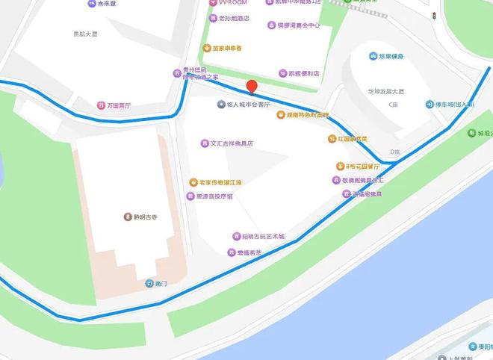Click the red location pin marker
(252, 87)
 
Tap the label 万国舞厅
(118, 105)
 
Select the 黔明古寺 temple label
(145, 217)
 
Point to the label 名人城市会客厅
(252, 105)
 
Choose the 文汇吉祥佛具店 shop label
(232, 143)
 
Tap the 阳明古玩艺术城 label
(263, 236)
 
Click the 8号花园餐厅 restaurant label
(368, 166)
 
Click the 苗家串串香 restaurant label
(227, 48)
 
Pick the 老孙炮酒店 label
(233, 18)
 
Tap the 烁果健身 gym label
(391, 56)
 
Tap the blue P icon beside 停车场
(430, 105)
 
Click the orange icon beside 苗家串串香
(206, 48)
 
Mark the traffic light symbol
(433, 15)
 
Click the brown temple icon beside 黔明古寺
(128, 217)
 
